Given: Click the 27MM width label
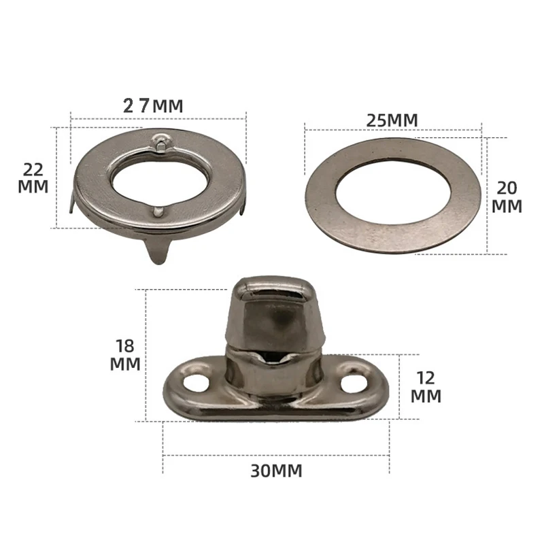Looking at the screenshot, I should (x=153, y=105).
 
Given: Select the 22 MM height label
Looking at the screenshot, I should (x=33, y=177).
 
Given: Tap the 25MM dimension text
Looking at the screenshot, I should (x=392, y=119).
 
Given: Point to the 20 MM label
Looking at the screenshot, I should (x=507, y=197).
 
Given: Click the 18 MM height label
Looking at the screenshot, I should (x=125, y=354).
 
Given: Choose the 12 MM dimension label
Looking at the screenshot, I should (x=426, y=386).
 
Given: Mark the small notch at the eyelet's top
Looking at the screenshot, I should (x=159, y=142).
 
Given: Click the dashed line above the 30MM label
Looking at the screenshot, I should (x=275, y=454).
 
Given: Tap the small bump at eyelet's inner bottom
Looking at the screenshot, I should (x=158, y=212).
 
